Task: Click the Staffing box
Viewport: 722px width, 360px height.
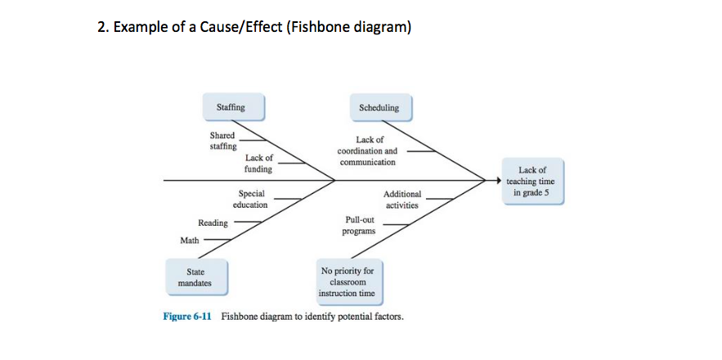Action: coord(230,107)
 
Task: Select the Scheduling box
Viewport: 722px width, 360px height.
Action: coord(379,107)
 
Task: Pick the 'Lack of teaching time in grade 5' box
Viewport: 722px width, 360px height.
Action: coord(531,182)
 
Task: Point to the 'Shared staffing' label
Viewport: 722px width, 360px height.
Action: coord(222,140)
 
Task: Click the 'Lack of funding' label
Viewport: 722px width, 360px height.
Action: coord(258,163)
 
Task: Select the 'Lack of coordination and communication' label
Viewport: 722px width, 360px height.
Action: coord(367,151)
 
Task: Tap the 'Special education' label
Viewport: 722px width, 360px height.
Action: coord(250,200)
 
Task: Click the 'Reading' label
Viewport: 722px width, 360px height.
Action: coord(213,223)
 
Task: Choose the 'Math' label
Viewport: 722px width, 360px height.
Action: coord(189,240)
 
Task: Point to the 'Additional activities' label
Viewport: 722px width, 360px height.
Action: coord(402,200)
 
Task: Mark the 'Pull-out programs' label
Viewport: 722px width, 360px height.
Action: coord(360,226)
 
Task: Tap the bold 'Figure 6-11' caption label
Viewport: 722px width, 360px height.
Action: coord(187,316)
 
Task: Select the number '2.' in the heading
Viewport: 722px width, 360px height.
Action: coord(102,28)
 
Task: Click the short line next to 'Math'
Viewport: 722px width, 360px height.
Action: coord(216,240)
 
